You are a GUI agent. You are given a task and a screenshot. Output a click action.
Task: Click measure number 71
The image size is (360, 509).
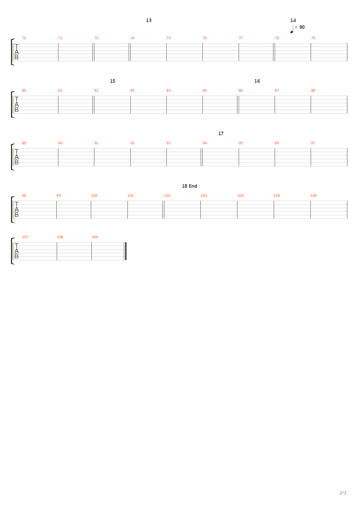[24, 38]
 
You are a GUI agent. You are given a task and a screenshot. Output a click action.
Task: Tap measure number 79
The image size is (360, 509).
[313, 38]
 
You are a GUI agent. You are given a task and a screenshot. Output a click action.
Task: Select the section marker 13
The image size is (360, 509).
[149, 20]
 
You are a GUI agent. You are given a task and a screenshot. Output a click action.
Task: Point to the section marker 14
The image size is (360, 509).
[293, 20]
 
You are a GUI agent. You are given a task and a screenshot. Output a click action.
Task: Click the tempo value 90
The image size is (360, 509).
[302, 27]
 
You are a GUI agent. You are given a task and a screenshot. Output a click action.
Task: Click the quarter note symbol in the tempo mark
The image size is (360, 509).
[292, 29]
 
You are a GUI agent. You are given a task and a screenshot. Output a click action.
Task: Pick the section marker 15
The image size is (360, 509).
[113, 81]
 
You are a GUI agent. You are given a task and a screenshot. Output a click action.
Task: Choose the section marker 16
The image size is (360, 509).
[257, 81]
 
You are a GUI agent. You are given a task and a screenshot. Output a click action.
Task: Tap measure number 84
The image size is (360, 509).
[168, 91]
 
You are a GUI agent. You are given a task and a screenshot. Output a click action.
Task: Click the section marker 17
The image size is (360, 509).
[221, 134]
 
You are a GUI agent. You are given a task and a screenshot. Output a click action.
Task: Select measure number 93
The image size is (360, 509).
[168, 143]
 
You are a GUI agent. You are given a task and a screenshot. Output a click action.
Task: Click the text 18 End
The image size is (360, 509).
[189, 186]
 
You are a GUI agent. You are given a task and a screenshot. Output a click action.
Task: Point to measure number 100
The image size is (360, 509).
[94, 196]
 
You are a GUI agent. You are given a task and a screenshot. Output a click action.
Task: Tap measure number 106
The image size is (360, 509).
[313, 196]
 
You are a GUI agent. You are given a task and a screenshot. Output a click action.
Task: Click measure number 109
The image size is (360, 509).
[95, 237]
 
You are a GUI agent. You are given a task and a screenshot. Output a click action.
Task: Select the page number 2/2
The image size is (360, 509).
[343, 493]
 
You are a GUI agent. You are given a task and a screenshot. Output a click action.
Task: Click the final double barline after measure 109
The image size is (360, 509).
[126, 251]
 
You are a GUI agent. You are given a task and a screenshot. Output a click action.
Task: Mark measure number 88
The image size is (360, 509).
[313, 91]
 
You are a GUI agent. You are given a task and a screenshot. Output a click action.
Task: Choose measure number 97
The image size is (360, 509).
[313, 143]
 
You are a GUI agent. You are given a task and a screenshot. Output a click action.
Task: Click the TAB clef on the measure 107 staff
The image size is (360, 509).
[17, 251]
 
